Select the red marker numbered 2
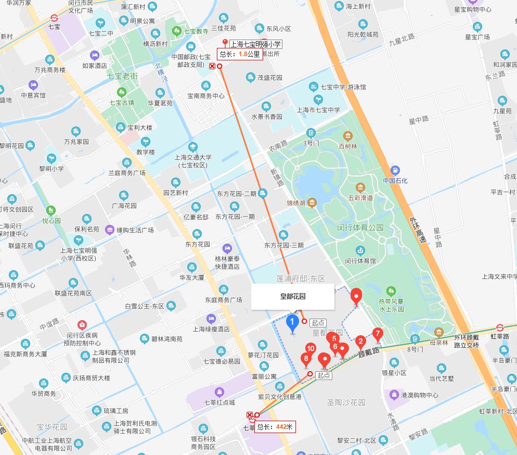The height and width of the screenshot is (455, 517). [x=360, y=342]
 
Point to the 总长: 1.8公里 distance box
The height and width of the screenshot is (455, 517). [x=240, y=54]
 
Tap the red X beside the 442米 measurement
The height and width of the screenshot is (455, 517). [x=250, y=415]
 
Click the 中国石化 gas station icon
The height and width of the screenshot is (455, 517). [x=395, y=170]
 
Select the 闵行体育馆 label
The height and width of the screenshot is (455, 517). [x=360, y=261]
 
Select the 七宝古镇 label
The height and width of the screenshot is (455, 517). [x=121, y=102]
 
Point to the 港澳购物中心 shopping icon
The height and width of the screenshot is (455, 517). [x=393, y=395]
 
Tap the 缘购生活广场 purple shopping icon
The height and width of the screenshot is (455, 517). [x=109, y=230]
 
